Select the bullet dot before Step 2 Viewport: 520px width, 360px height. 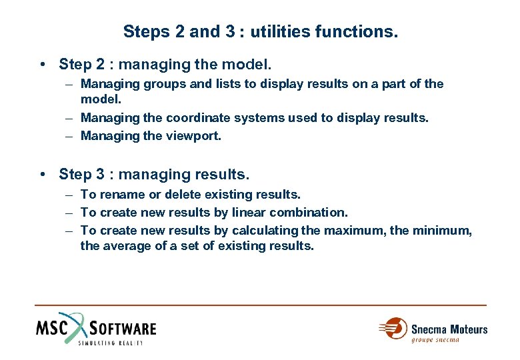tap(42, 65)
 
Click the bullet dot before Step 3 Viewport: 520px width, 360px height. tap(42, 175)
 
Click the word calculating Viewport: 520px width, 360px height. tap(265, 231)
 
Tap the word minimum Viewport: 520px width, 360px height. tap(443, 231)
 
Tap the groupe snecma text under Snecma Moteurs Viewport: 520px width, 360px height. tap(435, 340)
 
